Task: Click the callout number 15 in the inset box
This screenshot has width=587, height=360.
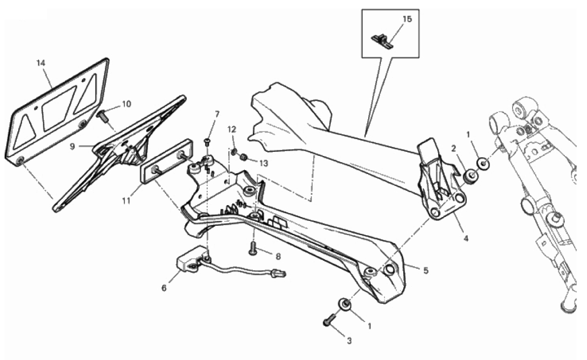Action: coord(407,19)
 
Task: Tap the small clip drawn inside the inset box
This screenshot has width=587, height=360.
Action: coord(382,40)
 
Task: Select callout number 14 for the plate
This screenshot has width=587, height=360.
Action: coord(41,63)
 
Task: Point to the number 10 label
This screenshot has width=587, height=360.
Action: coord(127,104)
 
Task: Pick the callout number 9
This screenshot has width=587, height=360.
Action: coord(72,146)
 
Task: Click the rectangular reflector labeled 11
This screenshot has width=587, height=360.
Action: coord(166,161)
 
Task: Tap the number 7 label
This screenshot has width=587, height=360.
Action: coord(217,114)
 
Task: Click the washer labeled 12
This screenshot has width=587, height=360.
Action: coord(234,152)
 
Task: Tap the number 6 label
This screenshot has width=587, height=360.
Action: coord(164,288)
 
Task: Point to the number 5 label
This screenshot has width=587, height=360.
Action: coord(426,270)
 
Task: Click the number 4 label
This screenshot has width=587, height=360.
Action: coord(466,238)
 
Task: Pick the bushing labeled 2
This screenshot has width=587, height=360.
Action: coord(470,176)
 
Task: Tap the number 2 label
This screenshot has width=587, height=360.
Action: coord(454,149)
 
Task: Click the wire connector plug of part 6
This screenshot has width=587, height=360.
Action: coord(279,273)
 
